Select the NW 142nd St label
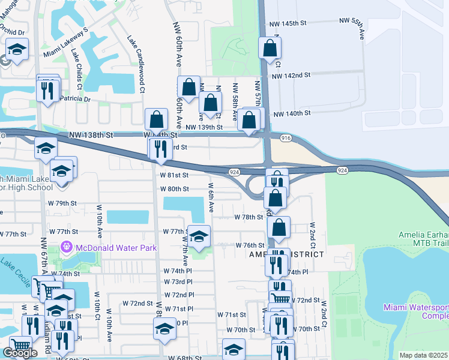tap(291, 76)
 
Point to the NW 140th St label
tap(292, 113)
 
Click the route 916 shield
tap(285, 139)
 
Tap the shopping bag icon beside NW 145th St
tap(270, 48)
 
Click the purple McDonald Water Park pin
tap(66, 247)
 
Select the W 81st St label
tap(174, 175)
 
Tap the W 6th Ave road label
tap(211, 198)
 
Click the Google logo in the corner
tap(20, 353)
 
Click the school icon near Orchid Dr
tap(17, 51)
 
